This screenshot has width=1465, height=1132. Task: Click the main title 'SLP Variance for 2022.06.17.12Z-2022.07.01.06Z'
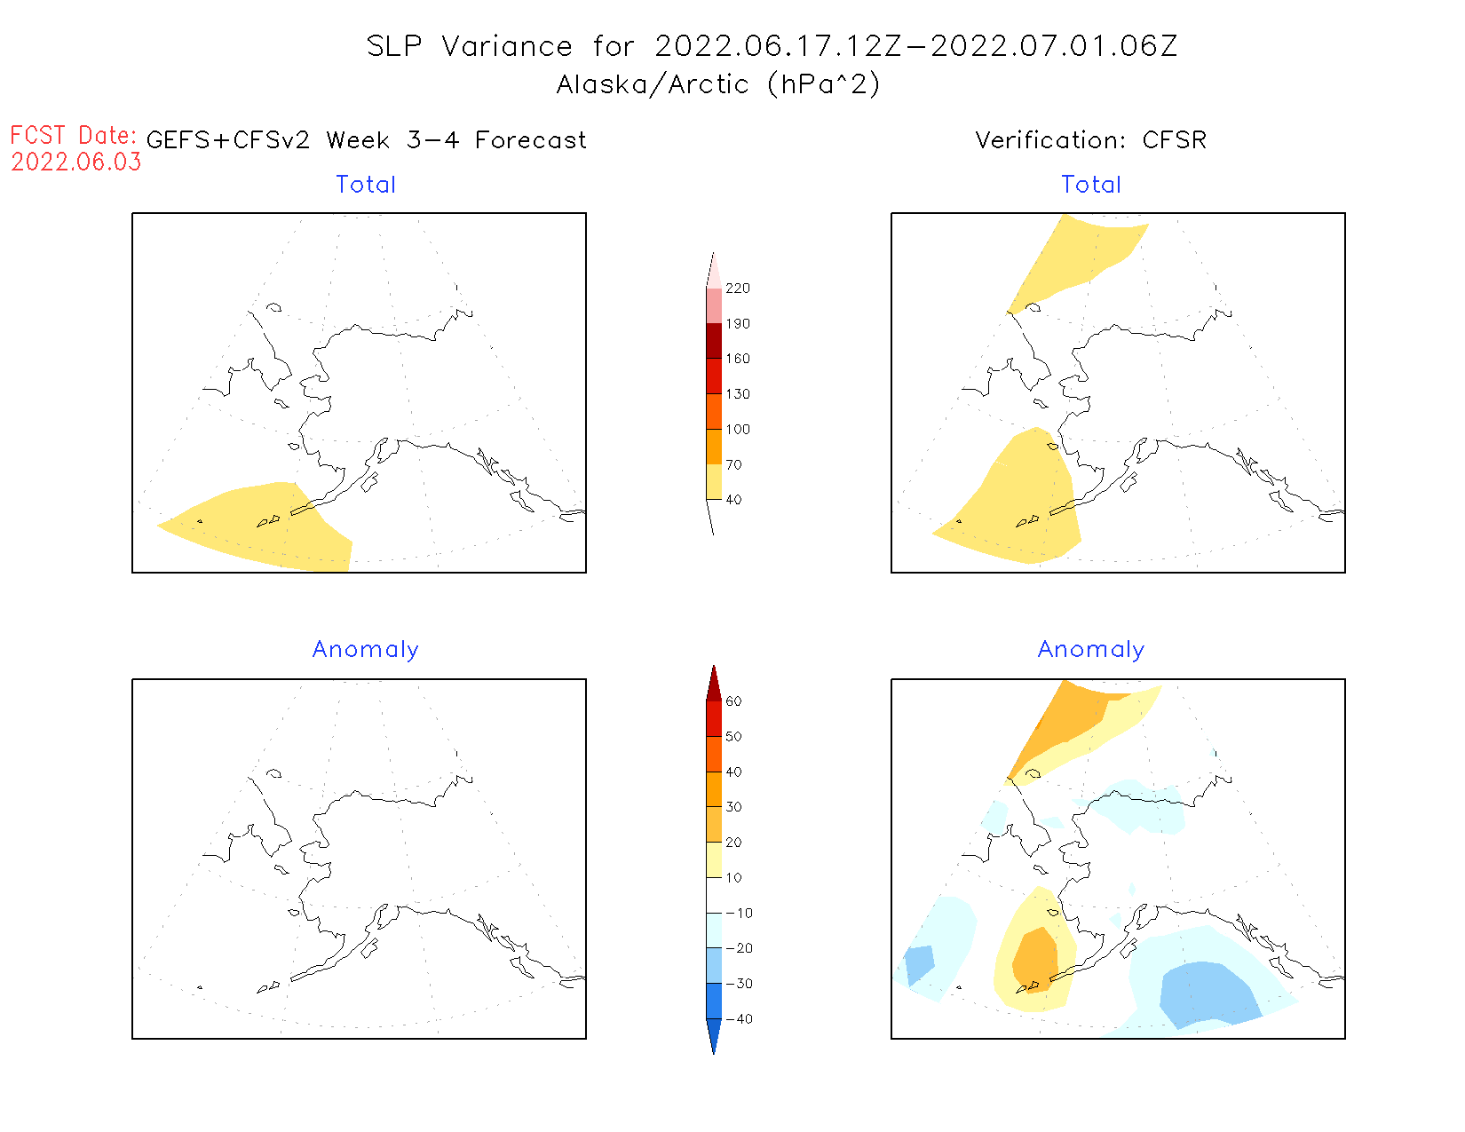(x=772, y=46)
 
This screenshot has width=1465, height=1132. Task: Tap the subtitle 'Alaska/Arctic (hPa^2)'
(x=718, y=84)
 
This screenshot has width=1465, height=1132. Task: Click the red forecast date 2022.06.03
(x=76, y=162)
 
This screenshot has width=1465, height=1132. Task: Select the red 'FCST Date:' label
(x=73, y=135)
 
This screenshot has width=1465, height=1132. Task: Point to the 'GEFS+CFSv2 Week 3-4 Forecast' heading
(x=366, y=140)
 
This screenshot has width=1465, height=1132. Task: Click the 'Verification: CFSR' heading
(x=1090, y=140)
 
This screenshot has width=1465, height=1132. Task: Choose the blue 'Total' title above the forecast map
(x=366, y=185)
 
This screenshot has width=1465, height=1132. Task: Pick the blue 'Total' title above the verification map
(x=1091, y=185)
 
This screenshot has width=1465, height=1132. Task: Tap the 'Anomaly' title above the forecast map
(x=366, y=650)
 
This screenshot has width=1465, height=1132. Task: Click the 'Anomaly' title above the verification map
(x=1091, y=650)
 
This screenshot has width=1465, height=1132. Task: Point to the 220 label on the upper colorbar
(x=737, y=289)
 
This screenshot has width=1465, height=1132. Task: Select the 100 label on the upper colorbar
(x=737, y=430)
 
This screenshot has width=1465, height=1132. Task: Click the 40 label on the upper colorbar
(x=733, y=500)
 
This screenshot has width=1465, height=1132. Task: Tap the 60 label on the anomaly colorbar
(x=733, y=701)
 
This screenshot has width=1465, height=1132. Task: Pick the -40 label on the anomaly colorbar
(x=740, y=1019)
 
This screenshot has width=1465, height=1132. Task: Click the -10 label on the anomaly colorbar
(x=740, y=913)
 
